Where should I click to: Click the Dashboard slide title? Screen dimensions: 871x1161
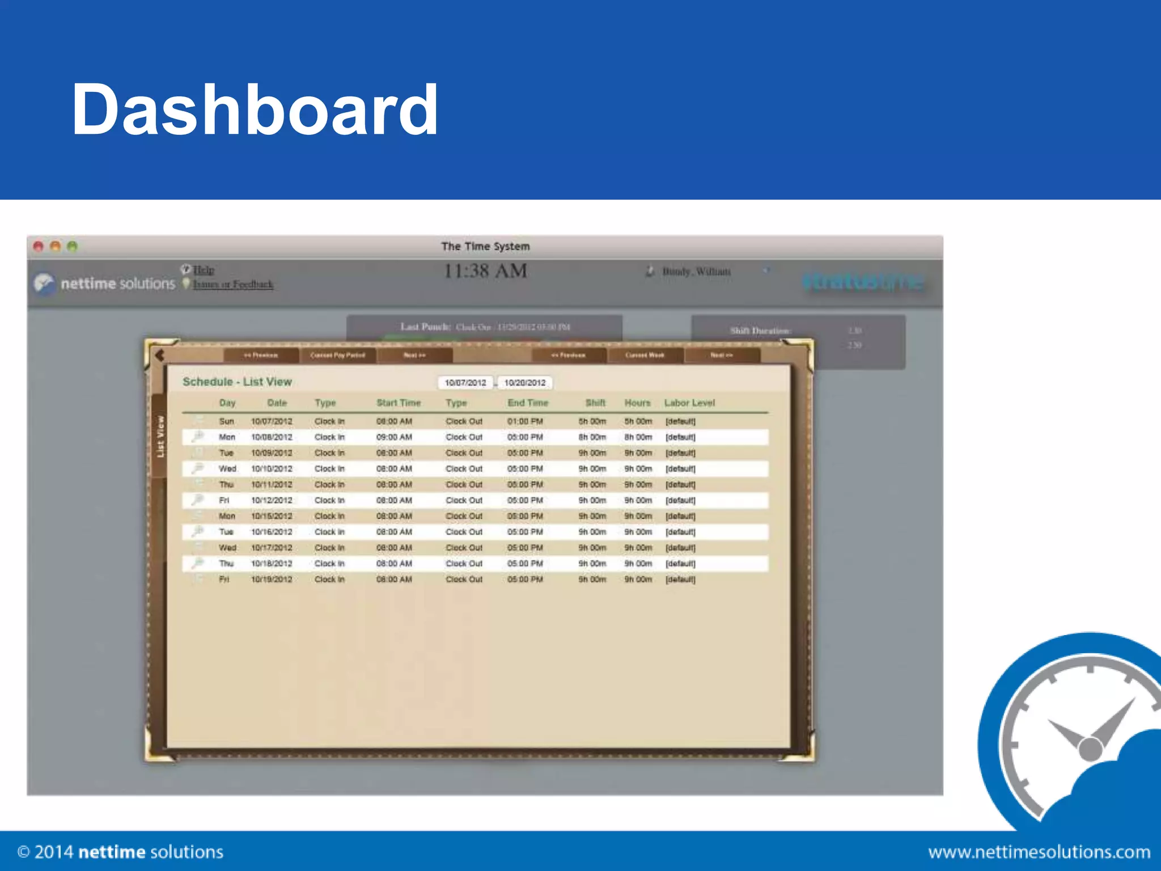point(255,109)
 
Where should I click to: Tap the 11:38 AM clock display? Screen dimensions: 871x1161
point(485,271)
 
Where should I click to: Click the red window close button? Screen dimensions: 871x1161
point(39,246)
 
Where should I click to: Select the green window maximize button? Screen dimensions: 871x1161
point(72,246)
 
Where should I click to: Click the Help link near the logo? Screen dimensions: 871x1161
point(204,270)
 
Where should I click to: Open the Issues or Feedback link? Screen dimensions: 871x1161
point(233,284)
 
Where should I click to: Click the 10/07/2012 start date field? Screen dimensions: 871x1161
point(465,383)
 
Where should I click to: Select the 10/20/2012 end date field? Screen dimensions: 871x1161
point(525,383)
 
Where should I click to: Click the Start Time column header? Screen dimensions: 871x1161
point(399,403)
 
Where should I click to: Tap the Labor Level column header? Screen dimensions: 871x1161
point(689,403)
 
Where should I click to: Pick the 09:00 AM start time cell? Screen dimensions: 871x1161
point(394,437)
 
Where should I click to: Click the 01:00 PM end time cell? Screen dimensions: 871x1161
point(525,421)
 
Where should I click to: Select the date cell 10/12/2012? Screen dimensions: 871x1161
point(272,500)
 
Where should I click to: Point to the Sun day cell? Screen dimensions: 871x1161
point(226,421)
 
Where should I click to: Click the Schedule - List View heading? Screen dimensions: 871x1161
point(237,382)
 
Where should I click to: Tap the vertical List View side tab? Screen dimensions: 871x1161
point(160,437)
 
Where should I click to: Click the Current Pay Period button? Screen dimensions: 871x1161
point(338,355)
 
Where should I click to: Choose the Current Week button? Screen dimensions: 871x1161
point(645,355)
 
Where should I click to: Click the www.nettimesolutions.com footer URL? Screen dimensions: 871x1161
point(1039,852)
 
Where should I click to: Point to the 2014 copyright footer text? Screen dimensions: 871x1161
point(120,852)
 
